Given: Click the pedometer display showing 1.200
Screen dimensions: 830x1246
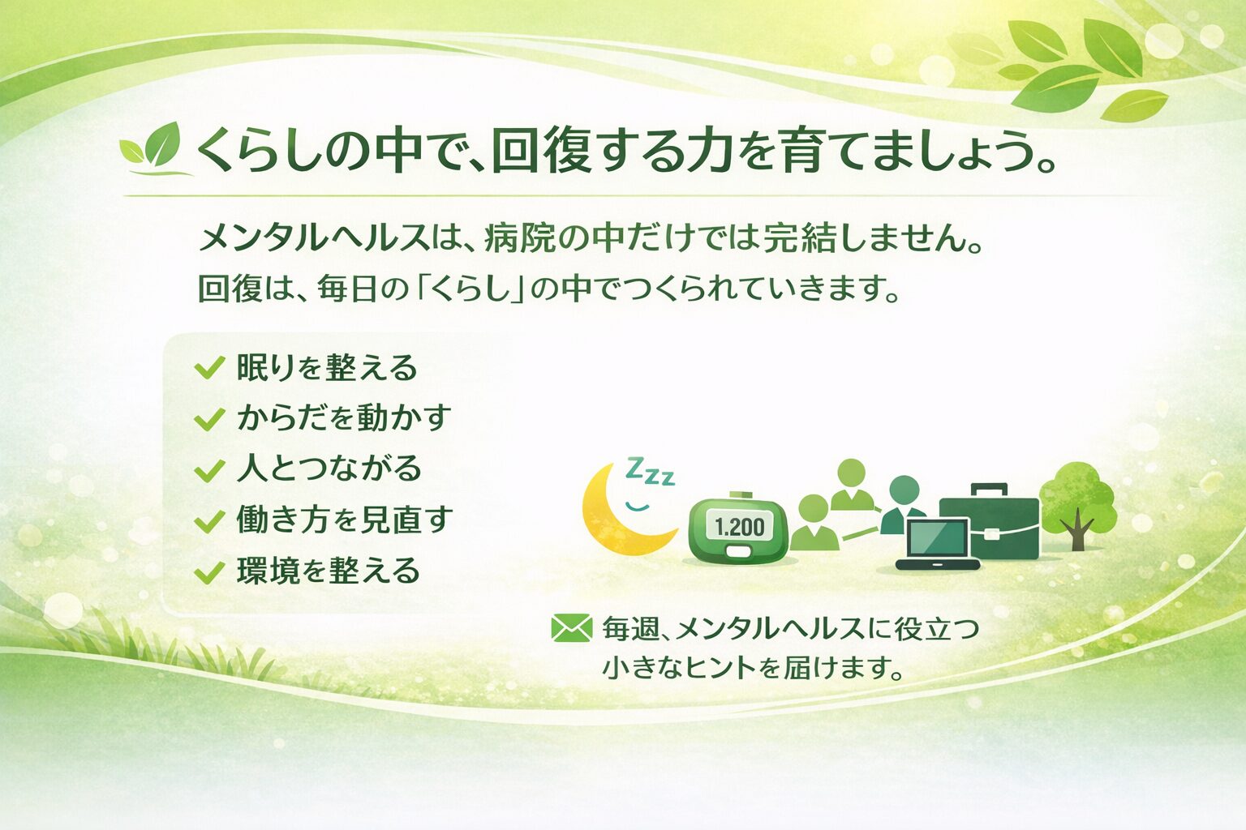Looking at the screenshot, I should (739, 528).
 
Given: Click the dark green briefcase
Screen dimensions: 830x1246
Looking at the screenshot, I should (991, 523).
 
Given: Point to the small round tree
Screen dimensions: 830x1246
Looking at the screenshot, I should (1076, 503).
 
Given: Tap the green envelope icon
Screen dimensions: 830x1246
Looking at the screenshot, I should (571, 627).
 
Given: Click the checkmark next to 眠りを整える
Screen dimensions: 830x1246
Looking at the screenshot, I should (209, 369).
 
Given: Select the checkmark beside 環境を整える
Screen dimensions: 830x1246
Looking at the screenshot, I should (209, 572).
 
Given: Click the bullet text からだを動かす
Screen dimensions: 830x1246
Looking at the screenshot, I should (343, 418).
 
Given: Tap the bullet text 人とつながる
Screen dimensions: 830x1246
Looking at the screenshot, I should (329, 469).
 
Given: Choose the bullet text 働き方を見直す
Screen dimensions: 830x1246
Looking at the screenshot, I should (344, 520).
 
